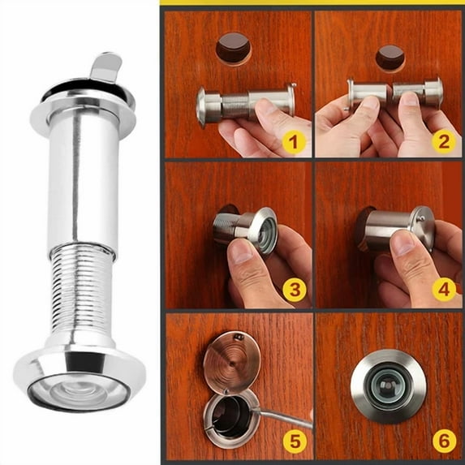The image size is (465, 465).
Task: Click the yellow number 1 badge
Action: (x=293, y=145)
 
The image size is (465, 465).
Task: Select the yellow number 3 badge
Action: (x=293, y=290)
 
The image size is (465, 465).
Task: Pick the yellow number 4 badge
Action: (x=443, y=290)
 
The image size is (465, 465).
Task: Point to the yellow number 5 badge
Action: (x=293, y=441)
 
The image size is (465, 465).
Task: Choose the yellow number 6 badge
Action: (x=443, y=441)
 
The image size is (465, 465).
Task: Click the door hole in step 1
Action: (x=233, y=48)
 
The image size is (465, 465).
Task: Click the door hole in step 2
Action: (x=390, y=56)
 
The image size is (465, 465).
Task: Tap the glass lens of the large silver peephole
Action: (x=79, y=388)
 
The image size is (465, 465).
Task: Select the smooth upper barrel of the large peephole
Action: (x=79, y=179)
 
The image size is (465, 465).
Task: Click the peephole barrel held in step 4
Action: (x=390, y=230)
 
